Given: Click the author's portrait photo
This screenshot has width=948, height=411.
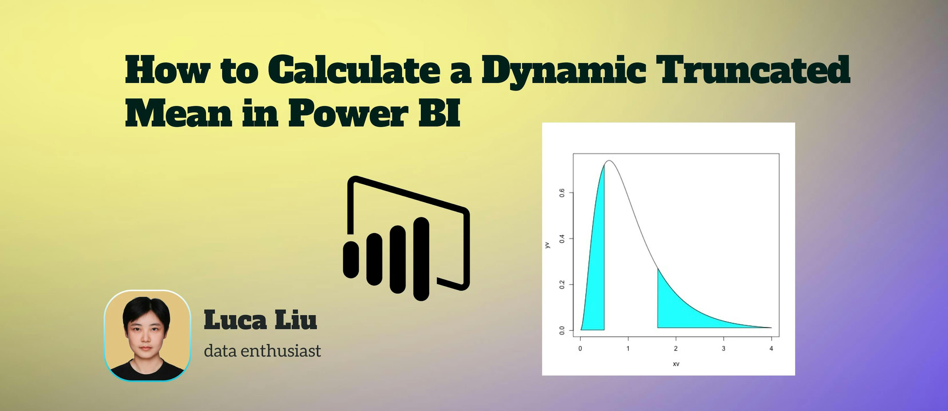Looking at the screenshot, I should [147, 335].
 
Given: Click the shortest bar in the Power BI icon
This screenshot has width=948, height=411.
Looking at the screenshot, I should [351, 259].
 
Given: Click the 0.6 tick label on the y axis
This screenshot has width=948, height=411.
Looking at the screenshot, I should [562, 193].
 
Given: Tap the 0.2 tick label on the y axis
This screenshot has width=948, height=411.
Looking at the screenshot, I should [562, 284].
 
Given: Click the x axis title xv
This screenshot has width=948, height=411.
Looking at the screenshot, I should [676, 364].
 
